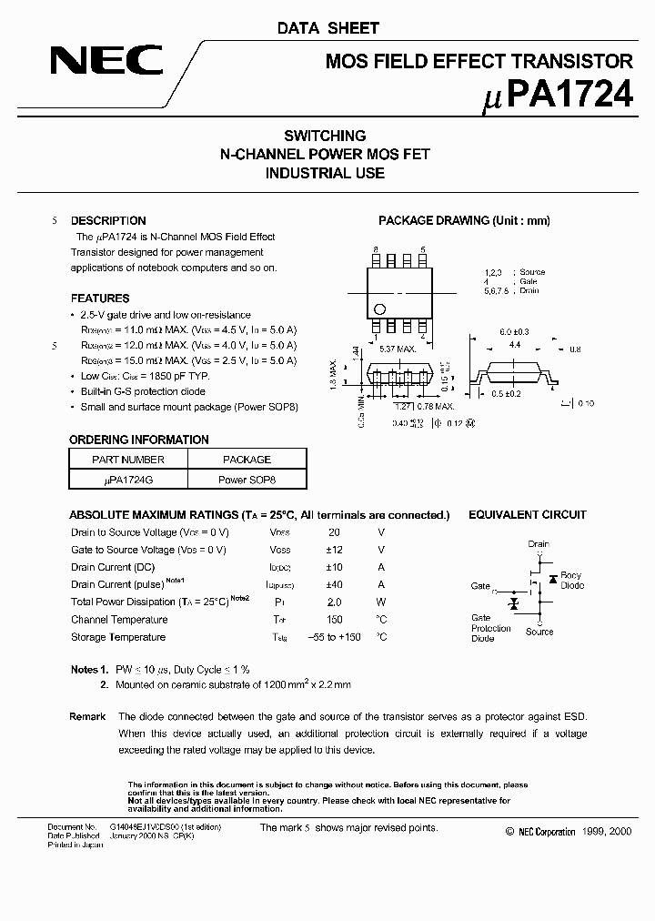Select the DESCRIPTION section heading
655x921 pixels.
click(108, 221)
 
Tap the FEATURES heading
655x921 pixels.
click(100, 299)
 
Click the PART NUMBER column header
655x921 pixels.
click(128, 460)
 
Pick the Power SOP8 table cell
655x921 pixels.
click(246, 479)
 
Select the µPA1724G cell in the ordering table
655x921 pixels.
click(128, 479)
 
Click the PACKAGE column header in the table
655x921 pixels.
click(246, 460)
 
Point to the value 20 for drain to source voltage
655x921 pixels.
click(334, 532)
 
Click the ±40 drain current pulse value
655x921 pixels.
click(334, 585)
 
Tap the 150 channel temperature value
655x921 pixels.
click(334, 620)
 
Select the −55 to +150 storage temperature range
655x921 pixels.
click(334, 637)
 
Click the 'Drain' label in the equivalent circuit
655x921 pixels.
click(539, 544)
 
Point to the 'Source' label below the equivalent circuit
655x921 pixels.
click(539, 632)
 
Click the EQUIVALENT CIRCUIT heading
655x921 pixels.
click(528, 515)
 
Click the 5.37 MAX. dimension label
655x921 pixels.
click(397, 349)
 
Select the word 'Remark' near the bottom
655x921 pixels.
click(87, 717)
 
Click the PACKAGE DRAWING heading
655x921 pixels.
click(464, 221)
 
